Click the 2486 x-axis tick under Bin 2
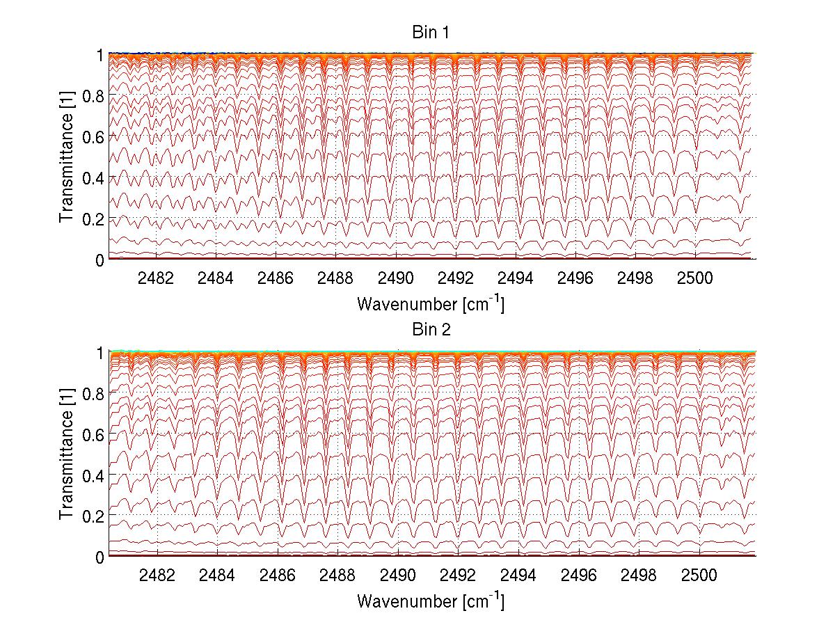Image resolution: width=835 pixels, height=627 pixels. point(278,575)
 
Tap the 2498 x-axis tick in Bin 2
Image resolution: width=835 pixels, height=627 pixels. point(638,575)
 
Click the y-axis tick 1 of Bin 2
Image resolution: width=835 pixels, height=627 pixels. point(100,353)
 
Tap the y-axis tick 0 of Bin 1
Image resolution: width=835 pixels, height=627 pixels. point(100,260)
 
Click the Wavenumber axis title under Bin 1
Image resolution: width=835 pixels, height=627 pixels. point(430,304)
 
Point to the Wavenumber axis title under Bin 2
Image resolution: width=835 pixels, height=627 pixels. point(430,601)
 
